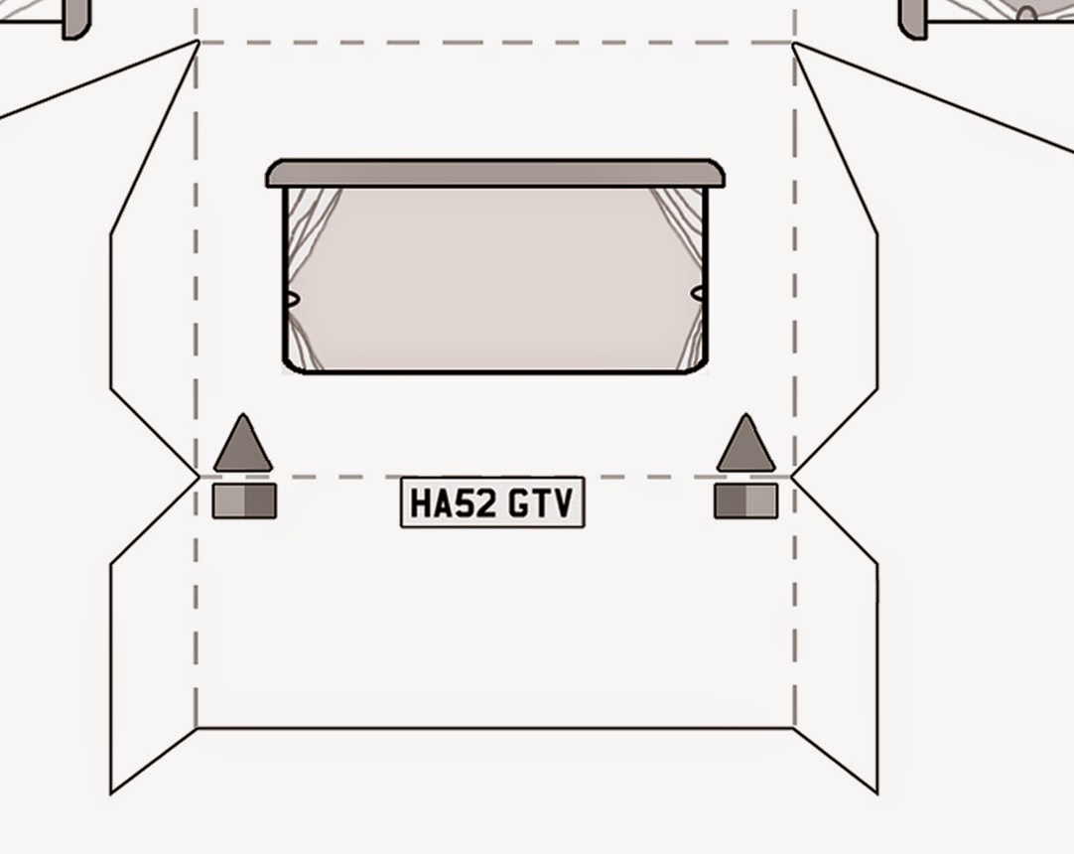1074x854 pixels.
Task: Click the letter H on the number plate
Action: click(x=422, y=503)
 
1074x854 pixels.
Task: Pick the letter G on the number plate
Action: click(x=519, y=503)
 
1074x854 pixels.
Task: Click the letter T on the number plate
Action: click(x=542, y=503)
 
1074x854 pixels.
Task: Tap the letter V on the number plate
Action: click(x=563, y=503)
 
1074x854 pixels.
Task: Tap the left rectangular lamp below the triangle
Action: click(x=244, y=500)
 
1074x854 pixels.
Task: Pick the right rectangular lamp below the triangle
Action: click(x=745, y=500)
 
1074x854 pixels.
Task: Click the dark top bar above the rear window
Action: click(x=494, y=173)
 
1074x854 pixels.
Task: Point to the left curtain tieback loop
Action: click(x=291, y=298)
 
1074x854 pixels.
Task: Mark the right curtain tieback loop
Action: click(x=700, y=294)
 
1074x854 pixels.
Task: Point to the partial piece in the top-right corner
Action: click(x=983, y=15)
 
